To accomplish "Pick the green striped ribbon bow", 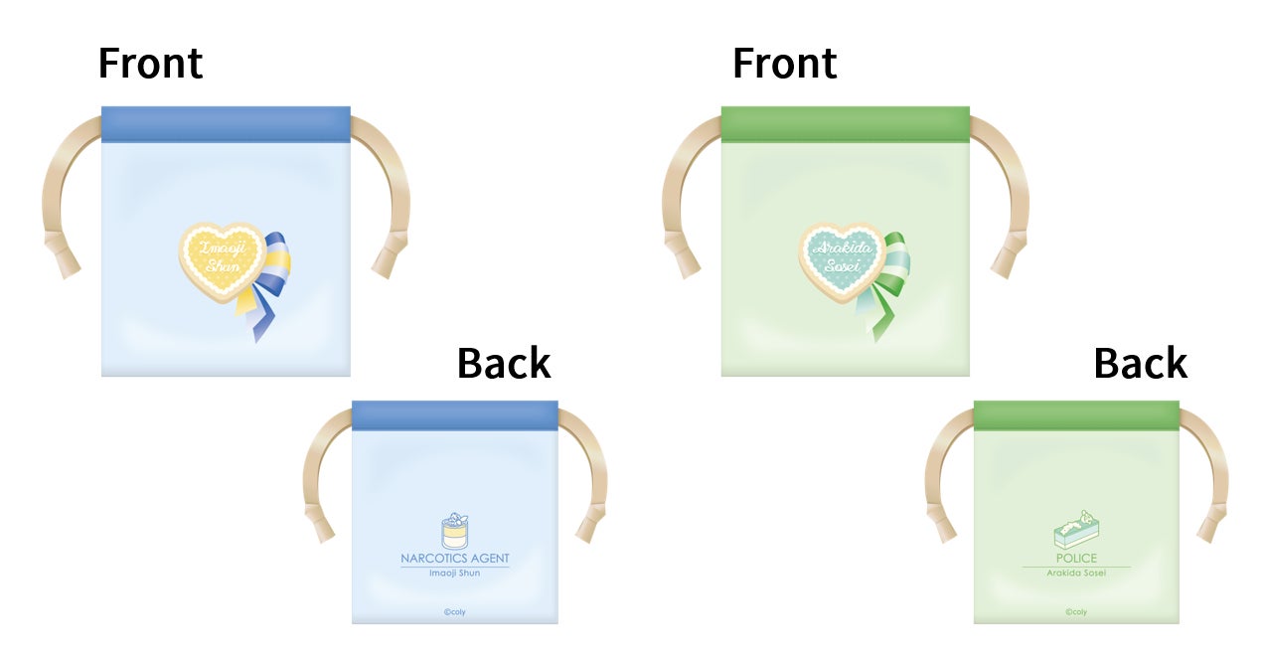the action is coord(883,283).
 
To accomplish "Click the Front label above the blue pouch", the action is coord(150,64).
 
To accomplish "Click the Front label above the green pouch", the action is coord(784,64).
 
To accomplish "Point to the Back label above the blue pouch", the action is coord(504,364).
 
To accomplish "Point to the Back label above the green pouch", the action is coord(1140,364).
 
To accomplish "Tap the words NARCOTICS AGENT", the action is coord(455,559).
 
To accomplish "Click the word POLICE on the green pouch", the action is coord(1076,559).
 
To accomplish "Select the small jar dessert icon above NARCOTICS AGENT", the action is coord(454,532).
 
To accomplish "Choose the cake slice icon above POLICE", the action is coord(1075,532).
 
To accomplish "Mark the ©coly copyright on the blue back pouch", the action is coord(454,612).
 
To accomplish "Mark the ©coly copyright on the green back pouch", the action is coord(1075,612).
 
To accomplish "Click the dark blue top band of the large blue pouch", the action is coord(226,124).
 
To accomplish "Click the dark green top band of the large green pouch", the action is coord(845,124).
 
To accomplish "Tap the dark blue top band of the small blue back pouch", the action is coord(455,415).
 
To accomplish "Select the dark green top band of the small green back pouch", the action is coord(1076,415).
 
